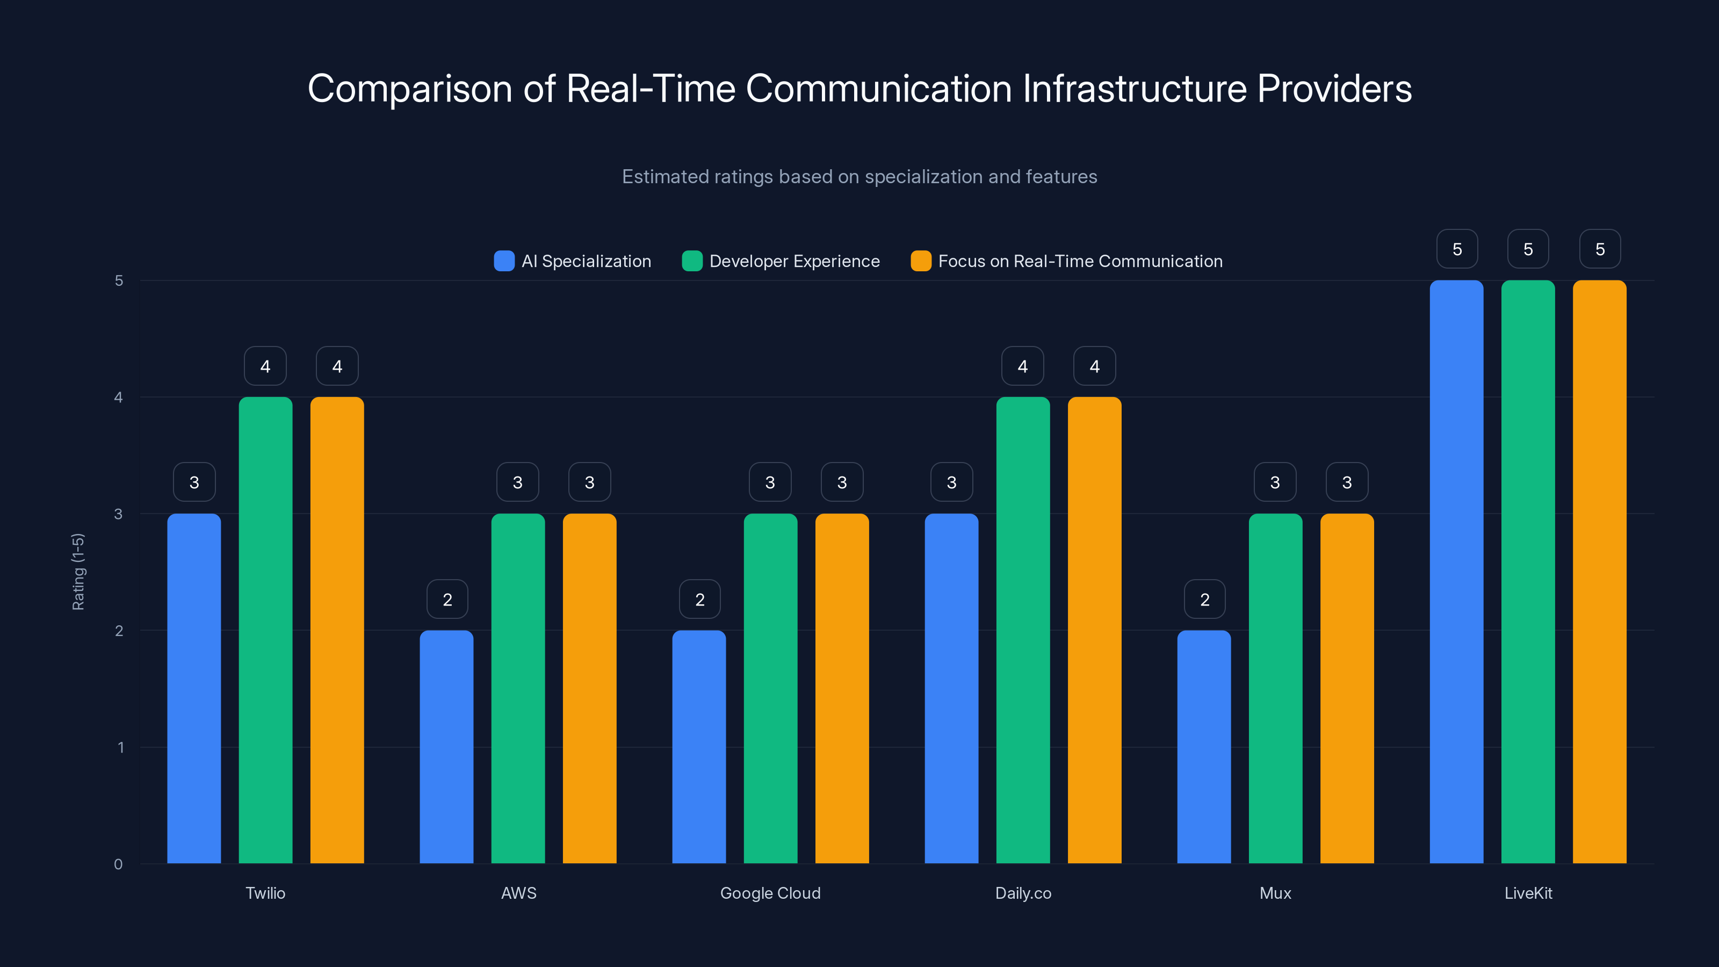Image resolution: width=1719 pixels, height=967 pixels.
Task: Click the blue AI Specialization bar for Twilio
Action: tap(193, 688)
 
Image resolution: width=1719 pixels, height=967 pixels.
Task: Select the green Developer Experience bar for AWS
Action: tap(518, 688)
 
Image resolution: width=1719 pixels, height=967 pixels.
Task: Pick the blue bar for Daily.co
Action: tap(951, 688)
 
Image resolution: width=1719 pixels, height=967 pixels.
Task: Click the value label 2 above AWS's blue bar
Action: tap(447, 600)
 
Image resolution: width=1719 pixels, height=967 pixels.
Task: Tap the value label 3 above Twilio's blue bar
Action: tap(194, 482)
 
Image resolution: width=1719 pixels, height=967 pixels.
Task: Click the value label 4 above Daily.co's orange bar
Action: tap(1094, 366)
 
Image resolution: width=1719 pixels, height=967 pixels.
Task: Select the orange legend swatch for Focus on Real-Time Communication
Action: tap(921, 261)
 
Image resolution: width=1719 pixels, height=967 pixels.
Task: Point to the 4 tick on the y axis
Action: tap(118, 397)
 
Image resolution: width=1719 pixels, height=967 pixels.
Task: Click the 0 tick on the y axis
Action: tap(118, 864)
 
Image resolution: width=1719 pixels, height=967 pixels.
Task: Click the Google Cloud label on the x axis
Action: tap(770, 893)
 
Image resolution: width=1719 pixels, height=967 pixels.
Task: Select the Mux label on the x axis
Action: tap(1275, 893)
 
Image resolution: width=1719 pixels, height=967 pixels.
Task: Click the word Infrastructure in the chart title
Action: tap(1135, 88)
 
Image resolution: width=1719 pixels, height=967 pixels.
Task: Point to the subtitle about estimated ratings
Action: tap(860, 176)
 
